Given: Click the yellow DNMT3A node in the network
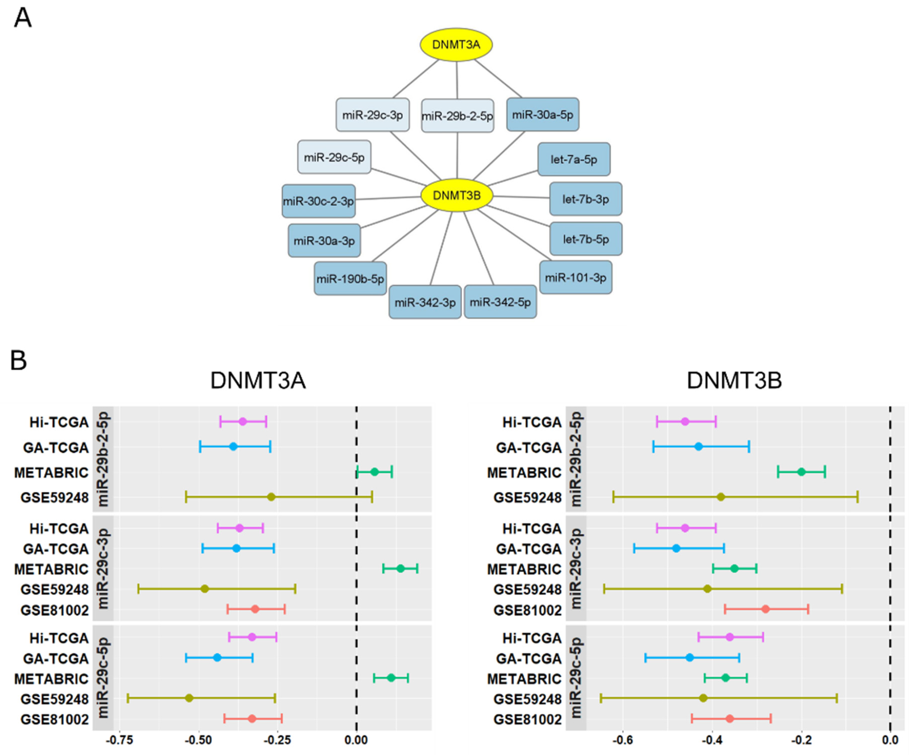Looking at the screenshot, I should [456, 44].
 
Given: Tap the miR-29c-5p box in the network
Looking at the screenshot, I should [334, 157].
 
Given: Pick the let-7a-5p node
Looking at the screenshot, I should [574, 159].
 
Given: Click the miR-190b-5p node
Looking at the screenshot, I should [350, 278].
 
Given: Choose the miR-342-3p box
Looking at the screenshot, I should [425, 302].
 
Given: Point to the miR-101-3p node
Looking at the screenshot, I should [575, 277].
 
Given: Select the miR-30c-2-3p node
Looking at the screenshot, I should [318, 201].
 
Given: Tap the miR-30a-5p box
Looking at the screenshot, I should [542, 114].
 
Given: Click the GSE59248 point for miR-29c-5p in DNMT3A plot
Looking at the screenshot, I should [189, 698].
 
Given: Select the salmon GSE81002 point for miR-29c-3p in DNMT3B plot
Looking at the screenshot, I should [766, 609].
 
